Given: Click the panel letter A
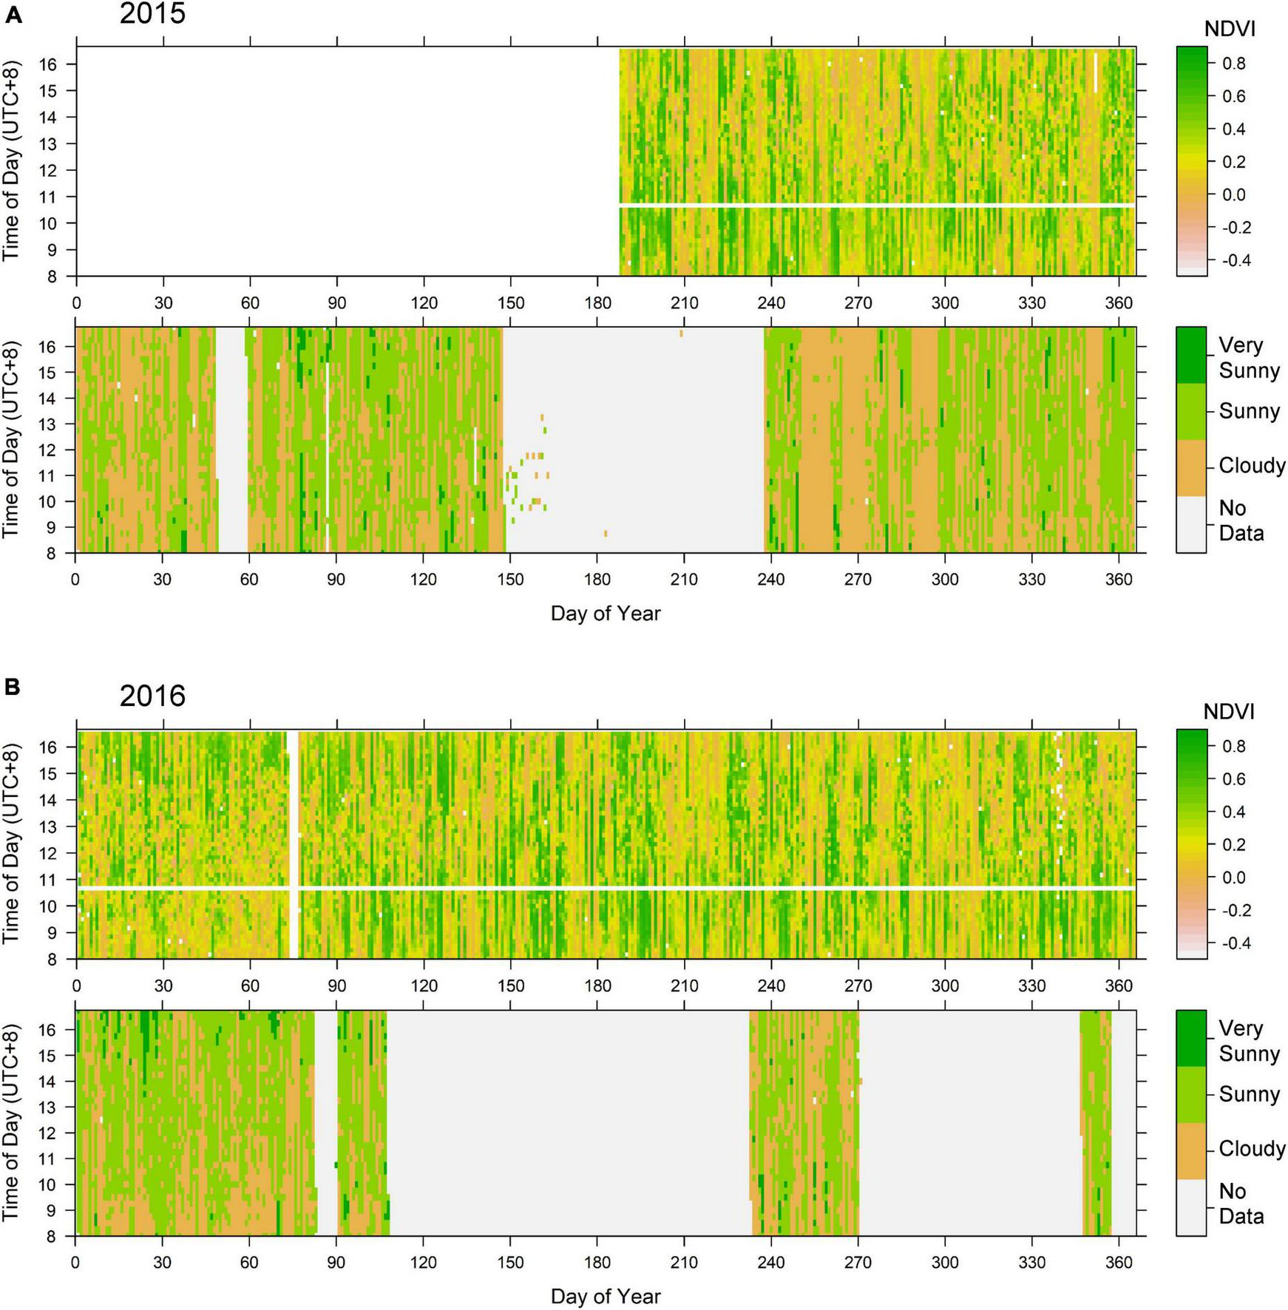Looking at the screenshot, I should click(x=13, y=16).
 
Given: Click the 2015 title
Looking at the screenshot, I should click(x=152, y=13).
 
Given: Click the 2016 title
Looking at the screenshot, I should click(x=152, y=696).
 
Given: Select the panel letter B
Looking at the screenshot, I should click(x=12, y=687).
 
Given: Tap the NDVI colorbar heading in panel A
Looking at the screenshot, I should click(x=1230, y=29).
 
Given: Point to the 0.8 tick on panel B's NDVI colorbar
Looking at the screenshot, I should click(x=1233, y=747).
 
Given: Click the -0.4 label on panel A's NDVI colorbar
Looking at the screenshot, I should click(x=1232, y=260).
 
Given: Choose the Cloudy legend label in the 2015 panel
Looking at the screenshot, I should click(x=1252, y=466).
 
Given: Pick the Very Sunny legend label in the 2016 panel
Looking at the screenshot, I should click(x=1249, y=1041).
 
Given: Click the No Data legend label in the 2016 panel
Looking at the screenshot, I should click(x=1240, y=1204).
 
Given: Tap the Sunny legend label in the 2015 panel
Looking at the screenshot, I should click(x=1249, y=411).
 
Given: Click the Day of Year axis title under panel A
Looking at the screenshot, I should click(x=606, y=613).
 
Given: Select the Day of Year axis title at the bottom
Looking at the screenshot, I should click(x=606, y=1296).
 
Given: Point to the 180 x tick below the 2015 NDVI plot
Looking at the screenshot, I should click(x=597, y=302).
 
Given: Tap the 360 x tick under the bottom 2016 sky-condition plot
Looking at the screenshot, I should click(x=1118, y=1263).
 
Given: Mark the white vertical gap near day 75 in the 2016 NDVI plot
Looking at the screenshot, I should click(x=293, y=843).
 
